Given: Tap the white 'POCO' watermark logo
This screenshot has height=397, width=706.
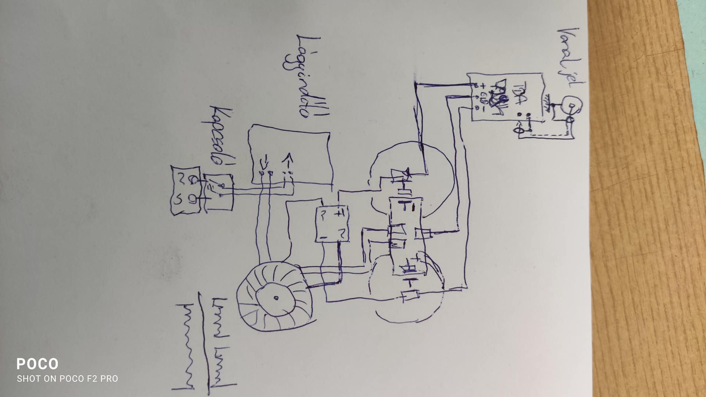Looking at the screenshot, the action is [x=37, y=364].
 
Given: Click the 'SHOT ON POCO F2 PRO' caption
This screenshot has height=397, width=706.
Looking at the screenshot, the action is [x=67, y=379].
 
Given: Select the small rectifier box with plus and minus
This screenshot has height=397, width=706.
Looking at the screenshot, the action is [x=332, y=224].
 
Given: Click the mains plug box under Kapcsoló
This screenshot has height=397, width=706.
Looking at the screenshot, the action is [x=186, y=190].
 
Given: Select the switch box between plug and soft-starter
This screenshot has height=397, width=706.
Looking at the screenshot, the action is [x=218, y=192].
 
